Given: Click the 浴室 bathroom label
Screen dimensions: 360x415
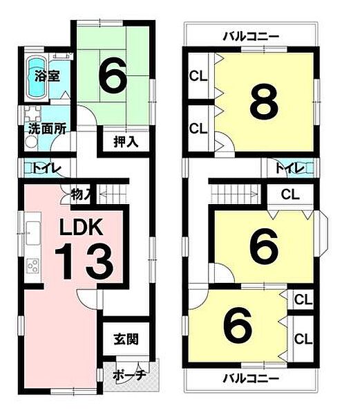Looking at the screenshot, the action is tap(48, 76).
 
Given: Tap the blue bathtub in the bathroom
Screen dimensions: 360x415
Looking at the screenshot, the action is tap(37, 79).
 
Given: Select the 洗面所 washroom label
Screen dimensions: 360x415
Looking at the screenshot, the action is tap(47, 129).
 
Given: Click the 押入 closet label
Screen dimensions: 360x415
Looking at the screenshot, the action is tap(126, 142).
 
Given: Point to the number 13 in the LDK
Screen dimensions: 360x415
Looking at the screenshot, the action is tap(84, 261).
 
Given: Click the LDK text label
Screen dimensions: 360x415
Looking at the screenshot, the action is tap(81, 227).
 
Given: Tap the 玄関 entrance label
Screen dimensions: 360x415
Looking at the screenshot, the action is tap(126, 339).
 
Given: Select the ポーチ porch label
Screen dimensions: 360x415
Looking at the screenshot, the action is tap(129, 375).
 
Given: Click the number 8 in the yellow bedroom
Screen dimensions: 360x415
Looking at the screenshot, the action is tap(264, 102).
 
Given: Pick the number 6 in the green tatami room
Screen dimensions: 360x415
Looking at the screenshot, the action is tap(112, 75).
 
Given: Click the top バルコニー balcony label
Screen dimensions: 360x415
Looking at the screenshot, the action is tap(251, 37).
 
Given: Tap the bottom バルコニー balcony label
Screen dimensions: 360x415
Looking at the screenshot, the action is tap(251, 379).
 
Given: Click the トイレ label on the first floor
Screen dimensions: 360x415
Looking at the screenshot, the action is tap(47, 168).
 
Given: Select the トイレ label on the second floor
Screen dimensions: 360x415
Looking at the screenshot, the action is tap(290, 168).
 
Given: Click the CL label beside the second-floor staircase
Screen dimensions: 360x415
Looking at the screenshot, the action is tap(290, 194).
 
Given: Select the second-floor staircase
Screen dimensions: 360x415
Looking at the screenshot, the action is tap(234, 194).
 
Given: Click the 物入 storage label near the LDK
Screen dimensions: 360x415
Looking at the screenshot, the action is tap(81, 195).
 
